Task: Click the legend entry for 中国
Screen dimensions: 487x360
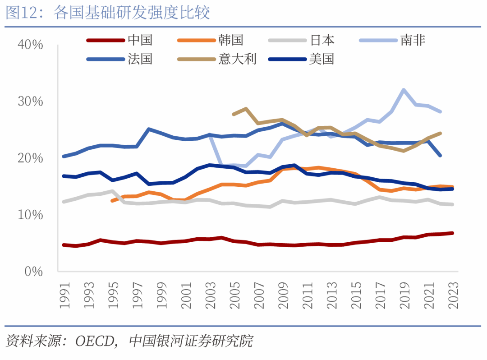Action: coord(119,40)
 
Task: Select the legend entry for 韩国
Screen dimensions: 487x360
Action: coord(210,40)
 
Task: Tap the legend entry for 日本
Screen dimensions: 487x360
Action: coord(301,40)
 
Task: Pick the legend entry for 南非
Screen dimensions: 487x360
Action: coord(392,40)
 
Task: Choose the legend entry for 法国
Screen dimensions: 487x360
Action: coord(119,59)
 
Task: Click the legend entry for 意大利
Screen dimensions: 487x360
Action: coord(217,59)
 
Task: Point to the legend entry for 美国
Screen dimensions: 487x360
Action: coord(301,59)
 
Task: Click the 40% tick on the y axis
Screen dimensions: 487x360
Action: coord(31,45)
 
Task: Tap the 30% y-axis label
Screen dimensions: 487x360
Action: coord(31,102)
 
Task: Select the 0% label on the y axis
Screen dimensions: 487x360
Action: coord(34,272)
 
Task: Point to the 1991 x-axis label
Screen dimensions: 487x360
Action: coord(64,295)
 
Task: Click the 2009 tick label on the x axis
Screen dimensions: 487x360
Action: coord(283,295)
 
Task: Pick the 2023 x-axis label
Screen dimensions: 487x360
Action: coord(453,295)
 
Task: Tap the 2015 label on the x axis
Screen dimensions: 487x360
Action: coord(356,295)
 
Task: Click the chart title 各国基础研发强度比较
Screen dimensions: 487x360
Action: coord(132,13)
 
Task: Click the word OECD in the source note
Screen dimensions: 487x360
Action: coord(95,342)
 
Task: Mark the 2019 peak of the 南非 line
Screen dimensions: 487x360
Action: coord(404,90)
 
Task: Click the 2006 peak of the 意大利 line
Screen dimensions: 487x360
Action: coord(246,109)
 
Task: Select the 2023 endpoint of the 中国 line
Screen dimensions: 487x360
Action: coord(452,233)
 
